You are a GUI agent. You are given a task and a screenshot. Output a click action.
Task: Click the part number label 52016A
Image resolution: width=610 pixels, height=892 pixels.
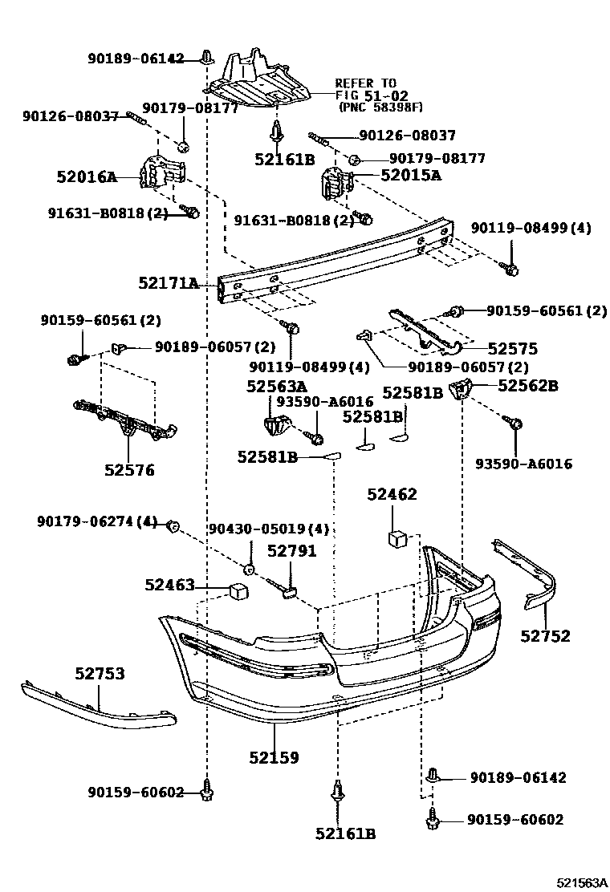pyautogui.click(x=87, y=177)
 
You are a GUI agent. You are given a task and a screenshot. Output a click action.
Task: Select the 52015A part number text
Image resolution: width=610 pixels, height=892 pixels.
pyautogui.click(x=410, y=176)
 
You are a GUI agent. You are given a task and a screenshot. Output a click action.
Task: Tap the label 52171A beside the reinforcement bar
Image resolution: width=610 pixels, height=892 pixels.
pyautogui.click(x=167, y=283)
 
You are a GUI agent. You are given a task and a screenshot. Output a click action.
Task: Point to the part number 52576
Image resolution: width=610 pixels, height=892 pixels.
pyautogui.click(x=128, y=470)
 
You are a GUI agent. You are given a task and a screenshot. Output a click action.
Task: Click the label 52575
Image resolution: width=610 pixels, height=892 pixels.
pyautogui.click(x=512, y=349)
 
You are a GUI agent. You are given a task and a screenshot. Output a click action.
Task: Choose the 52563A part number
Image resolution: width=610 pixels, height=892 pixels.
pyautogui.click(x=276, y=387)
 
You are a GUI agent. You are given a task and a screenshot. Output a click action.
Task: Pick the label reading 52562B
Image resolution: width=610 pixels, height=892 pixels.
pyautogui.click(x=527, y=386)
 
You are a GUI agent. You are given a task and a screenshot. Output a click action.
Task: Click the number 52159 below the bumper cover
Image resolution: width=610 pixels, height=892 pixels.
pyautogui.click(x=274, y=756)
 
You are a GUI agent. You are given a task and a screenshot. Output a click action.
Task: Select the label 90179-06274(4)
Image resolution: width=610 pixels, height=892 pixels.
pyautogui.click(x=97, y=522)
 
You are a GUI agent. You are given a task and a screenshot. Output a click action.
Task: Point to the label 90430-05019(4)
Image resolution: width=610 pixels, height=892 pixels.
pyautogui.click(x=269, y=529)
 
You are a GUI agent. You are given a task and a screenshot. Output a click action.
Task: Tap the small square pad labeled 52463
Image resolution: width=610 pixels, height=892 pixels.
pyautogui.click(x=237, y=593)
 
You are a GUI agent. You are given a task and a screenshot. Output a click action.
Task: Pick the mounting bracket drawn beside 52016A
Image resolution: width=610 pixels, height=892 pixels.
pyautogui.click(x=165, y=173)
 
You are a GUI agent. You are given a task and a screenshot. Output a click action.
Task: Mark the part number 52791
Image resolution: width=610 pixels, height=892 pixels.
pyautogui.click(x=291, y=551)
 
